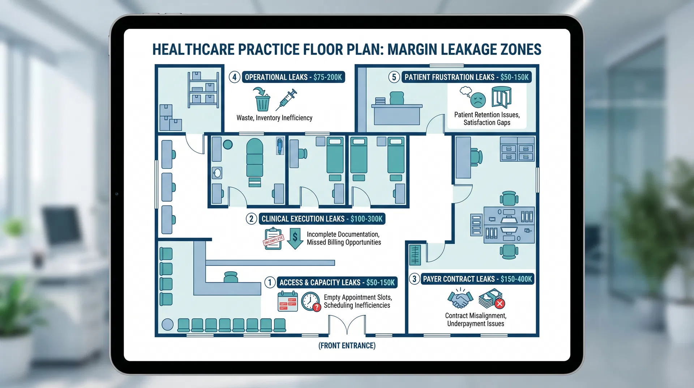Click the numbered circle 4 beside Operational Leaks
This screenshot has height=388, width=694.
(x=235, y=77)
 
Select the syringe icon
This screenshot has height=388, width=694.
(x=286, y=100)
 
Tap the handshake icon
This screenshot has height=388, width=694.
(x=460, y=299)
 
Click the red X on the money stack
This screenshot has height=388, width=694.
(x=500, y=304)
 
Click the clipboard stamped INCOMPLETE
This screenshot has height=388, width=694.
(x=273, y=239)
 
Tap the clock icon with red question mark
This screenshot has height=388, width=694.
(x=310, y=301)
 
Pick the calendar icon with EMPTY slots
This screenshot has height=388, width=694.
(x=287, y=301)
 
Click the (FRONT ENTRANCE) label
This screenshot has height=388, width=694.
(x=347, y=346)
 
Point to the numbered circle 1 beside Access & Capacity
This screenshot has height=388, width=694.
(x=270, y=282)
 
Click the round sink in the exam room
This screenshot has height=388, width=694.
(x=217, y=173)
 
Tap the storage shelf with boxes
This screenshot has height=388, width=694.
(x=203, y=90)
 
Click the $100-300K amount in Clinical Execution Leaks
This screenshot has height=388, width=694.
(x=366, y=219)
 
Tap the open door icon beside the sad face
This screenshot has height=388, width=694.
(x=502, y=97)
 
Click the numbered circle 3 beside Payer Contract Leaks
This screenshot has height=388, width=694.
(x=414, y=279)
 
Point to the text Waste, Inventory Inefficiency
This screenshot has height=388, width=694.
(x=274, y=118)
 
